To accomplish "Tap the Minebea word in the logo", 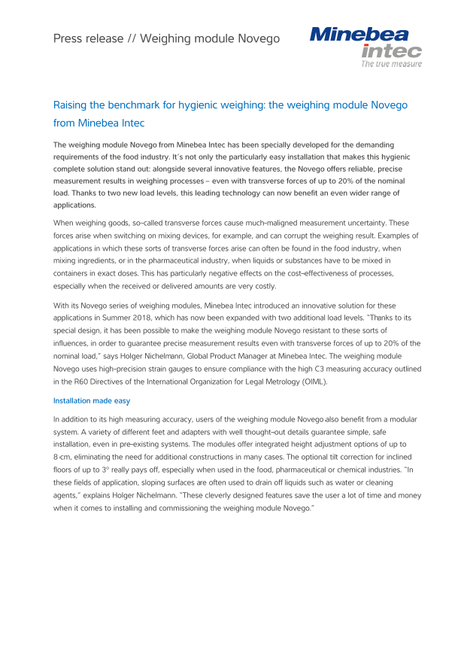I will [x=359, y=35].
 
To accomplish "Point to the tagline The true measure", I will [x=391, y=64].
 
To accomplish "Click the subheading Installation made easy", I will [x=92, y=401].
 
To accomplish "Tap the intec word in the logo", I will [x=391, y=51].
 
